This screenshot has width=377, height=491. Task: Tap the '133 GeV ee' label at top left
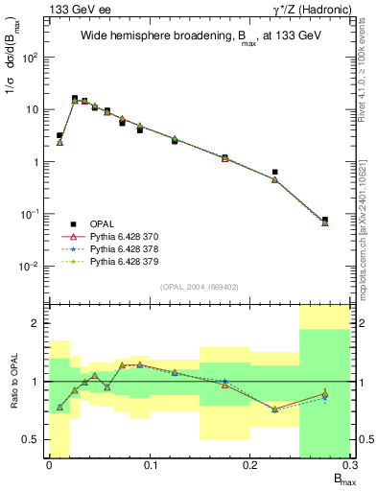(77, 9)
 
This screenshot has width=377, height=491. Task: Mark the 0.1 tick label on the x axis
(150, 466)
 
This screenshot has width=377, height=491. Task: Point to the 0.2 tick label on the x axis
(250, 466)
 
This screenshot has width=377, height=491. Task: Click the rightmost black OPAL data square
(325, 220)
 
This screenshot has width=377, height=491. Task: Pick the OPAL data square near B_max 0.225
(275, 173)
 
